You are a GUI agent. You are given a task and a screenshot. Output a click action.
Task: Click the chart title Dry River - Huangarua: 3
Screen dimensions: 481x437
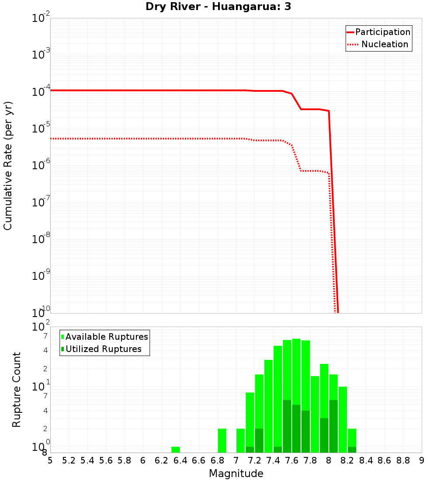[x=218, y=7]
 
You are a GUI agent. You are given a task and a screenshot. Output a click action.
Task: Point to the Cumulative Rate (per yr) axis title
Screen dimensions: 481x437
[x=8, y=165]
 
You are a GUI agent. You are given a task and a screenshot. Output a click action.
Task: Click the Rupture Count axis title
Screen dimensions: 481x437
[x=17, y=390]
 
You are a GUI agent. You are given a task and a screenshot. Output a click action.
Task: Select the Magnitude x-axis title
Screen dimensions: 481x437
[x=236, y=474]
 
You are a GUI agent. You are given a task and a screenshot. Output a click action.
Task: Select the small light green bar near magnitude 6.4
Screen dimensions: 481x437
[x=176, y=450]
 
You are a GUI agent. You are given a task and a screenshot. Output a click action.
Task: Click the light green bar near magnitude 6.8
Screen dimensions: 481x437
[x=222, y=440]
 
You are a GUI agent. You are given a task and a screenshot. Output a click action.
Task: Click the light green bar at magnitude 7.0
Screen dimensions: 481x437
[x=240, y=440]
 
